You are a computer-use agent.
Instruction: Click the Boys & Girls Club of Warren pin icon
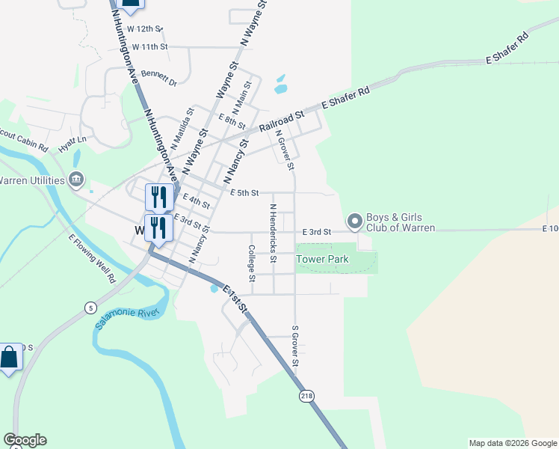point(354,222)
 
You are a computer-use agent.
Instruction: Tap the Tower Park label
point(323,259)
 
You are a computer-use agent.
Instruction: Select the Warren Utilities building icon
point(76,180)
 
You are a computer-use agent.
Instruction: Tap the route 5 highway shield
point(91,307)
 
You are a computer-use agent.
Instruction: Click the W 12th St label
point(144,28)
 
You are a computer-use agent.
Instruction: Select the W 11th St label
point(149,46)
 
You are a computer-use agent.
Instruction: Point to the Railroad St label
point(283,120)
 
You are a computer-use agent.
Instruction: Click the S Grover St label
point(295,346)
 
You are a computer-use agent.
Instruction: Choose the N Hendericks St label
point(274,233)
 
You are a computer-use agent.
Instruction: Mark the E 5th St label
point(244,193)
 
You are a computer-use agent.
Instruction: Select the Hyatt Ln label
point(73,141)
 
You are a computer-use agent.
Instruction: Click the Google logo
point(25,440)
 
